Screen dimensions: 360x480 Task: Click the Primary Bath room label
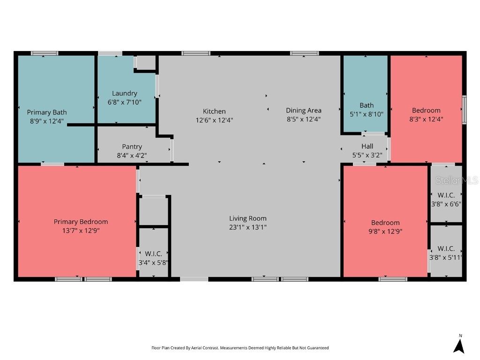(46, 112)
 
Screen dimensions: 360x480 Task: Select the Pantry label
(132, 147)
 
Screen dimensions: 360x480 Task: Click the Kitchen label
(214, 111)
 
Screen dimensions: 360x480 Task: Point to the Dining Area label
(304, 110)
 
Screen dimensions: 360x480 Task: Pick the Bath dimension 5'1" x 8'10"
(367, 114)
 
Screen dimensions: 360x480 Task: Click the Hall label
(367, 146)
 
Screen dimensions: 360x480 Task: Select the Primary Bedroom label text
(81, 222)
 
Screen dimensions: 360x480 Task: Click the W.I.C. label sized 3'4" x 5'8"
(153, 254)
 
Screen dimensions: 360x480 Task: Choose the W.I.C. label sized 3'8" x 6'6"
(446, 195)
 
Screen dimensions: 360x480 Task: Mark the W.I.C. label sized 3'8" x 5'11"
(446, 248)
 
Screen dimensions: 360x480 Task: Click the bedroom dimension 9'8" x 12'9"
(386, 231)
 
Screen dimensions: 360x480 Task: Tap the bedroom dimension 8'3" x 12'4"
(426, 119)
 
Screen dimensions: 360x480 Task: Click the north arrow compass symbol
(459, 346)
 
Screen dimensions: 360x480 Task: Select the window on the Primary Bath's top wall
(45, 53)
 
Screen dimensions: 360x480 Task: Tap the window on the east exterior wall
(464, 110)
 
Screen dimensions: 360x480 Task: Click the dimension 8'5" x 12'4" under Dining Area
(304, 119)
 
